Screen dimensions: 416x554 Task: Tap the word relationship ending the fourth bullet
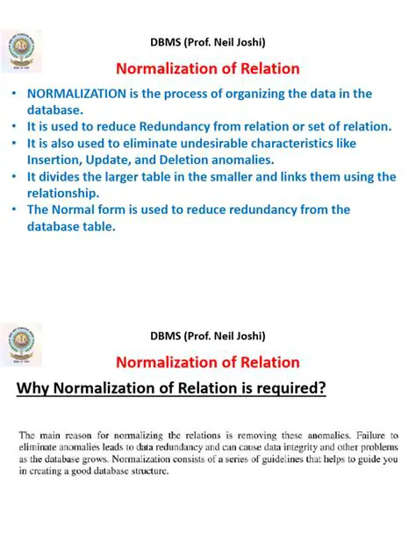pos(68,193)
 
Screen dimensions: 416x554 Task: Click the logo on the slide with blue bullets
pos(21,54)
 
